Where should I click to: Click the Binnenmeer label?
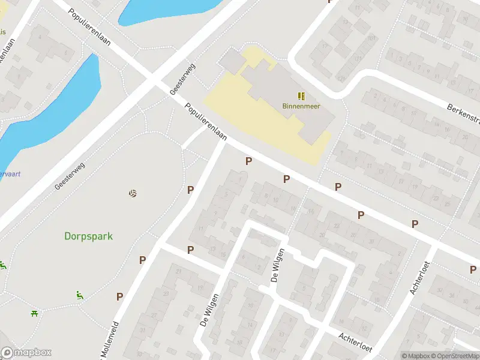click(301, 106)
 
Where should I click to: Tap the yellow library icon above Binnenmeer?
click(301, 95)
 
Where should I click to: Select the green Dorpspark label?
click(88, 236)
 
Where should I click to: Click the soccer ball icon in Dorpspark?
click(133, 193)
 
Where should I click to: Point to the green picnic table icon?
click(34, 313)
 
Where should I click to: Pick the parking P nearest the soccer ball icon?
click(191, 190)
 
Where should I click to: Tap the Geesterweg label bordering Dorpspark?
click(70, 175)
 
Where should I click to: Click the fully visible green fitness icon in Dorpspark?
click(79, 295)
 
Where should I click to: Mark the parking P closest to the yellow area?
click(248, 161)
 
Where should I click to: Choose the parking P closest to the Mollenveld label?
click(120, 296)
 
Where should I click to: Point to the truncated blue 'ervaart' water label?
click(11, 173)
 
